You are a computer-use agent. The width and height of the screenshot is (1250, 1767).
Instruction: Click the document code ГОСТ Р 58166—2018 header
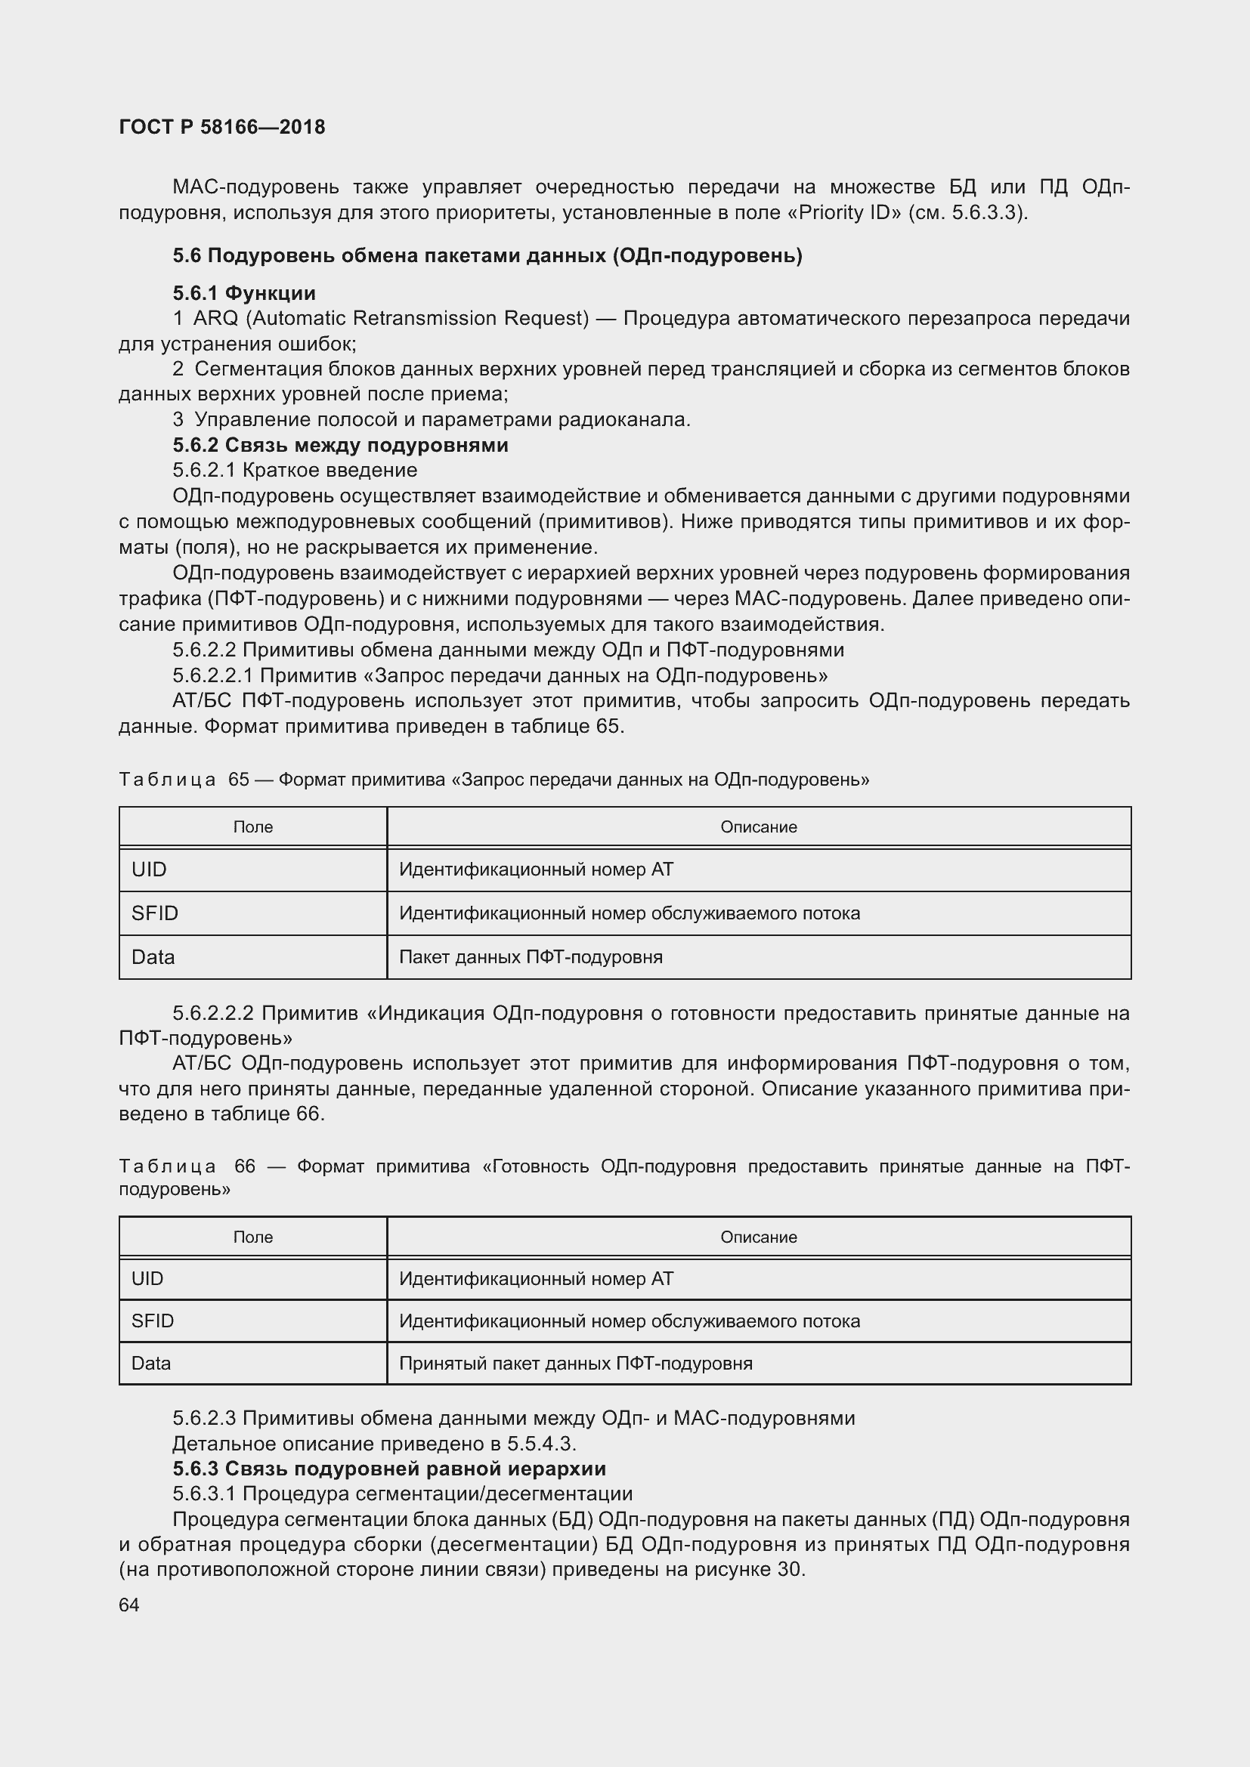click(221, 127)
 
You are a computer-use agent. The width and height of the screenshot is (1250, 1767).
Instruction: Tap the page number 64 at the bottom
click(129, 1605)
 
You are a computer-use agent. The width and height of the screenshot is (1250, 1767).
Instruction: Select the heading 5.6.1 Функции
click(244, 292)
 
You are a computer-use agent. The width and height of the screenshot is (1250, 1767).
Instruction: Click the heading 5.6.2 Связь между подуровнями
click(340, 445)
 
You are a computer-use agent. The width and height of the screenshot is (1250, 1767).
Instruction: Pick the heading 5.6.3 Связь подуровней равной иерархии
click(388, 1469)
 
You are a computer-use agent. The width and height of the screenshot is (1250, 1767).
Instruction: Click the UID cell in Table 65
click(150, 870)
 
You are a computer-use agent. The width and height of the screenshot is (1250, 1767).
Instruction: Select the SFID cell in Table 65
click(155, 913)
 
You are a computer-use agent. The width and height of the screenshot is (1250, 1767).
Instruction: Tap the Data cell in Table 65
click(153, 957)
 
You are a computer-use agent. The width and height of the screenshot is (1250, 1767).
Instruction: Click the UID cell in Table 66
click(148, 1278)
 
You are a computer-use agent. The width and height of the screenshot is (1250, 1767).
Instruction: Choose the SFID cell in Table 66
click(153, 1321)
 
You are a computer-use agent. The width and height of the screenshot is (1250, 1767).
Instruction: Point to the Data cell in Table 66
click(151, 1364)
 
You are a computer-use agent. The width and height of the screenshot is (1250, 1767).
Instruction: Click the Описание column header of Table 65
click(758, 827)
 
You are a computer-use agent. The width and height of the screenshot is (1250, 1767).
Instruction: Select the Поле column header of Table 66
click(252, 1237)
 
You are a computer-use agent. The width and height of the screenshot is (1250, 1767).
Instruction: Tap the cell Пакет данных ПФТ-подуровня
click(531, 957)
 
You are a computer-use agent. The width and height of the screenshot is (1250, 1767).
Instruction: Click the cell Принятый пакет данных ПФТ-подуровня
click(575, 1364)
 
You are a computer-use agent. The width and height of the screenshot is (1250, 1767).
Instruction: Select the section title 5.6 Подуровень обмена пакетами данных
click(487, 255)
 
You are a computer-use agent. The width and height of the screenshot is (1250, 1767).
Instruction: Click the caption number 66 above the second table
click(245, 1166)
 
